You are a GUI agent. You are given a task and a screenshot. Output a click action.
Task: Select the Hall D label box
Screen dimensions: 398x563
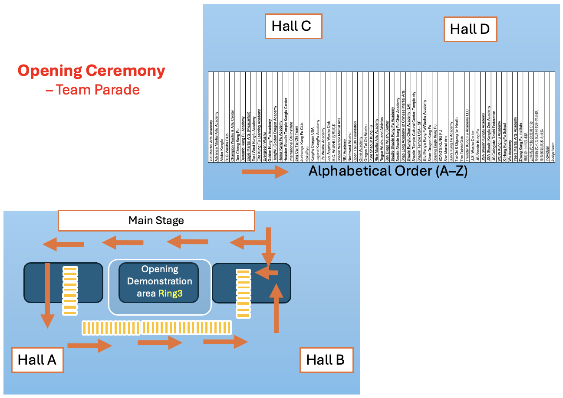pyautogui.click(x=470, y=29)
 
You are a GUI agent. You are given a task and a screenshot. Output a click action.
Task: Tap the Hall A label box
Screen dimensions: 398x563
pyautogui.click(x=37, y=359)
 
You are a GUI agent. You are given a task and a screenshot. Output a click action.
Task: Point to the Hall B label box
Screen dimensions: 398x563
pyautogui.click(x=326, y=359)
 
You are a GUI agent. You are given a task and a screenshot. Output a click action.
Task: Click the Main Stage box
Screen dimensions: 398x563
pyautogui.click(x=156, y=221)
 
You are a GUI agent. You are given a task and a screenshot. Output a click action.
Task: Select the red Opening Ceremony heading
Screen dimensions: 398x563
pyautogui.click(x=92, y=71)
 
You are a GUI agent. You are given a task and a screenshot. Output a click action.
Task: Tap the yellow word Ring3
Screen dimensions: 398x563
pyautogui.click(x=170, y=294)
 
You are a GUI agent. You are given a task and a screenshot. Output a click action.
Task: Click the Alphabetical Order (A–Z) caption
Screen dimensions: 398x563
pyautogui.click(x=388, y=171)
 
